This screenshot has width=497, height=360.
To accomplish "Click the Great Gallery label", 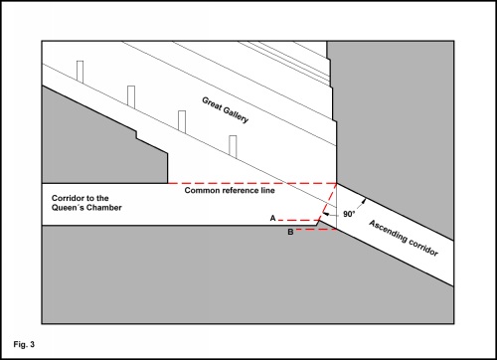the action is [226, 110].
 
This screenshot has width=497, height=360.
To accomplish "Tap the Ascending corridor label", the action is [404, 238].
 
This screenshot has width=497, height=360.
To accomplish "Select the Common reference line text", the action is [230, 190].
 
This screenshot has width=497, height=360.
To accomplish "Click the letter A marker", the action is [272, 218].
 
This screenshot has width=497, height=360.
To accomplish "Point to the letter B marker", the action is [290, 232].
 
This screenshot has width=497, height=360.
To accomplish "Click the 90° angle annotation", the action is [349, 214].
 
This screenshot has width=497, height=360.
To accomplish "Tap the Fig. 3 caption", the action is [24, 344].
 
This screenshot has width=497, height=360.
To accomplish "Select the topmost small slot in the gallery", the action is [80, 72].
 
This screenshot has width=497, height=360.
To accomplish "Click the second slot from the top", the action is [131, 96].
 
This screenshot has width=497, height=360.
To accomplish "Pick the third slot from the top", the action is [182, 121].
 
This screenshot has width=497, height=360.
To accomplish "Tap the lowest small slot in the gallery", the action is [233, 146].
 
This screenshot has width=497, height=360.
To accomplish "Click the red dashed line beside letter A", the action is [298, 220].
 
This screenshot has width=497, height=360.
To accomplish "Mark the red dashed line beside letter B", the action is [316, 230].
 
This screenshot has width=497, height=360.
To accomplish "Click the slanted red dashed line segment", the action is [328, 202].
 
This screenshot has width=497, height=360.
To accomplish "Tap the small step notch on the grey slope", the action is [136, 135].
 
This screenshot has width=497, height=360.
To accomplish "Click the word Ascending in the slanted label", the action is [389, 231].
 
